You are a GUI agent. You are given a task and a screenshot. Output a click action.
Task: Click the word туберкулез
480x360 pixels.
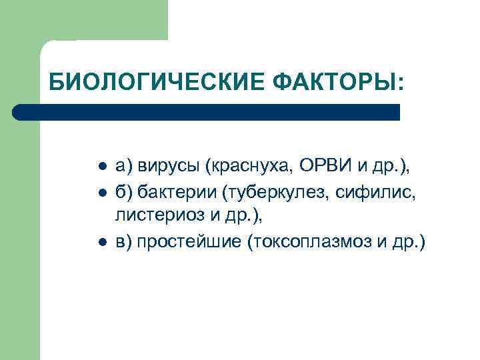277,193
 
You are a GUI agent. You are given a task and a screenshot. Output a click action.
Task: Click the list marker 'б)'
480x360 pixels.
123,193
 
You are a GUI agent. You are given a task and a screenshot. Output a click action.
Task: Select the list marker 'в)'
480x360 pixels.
123,241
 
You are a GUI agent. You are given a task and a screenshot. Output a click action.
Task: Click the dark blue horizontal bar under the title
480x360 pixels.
207,112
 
